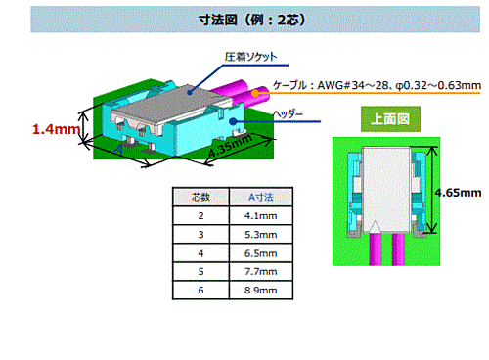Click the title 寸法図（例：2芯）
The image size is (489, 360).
click(x=252, y=20)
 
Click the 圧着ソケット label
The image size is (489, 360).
click(x=250, y=57)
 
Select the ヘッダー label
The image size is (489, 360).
click(x=288, y=114)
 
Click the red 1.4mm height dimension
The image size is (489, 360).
click(x=56, y=129)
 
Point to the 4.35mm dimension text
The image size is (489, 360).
click(x=230, y=145)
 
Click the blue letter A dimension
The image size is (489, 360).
click(x=119, y=150)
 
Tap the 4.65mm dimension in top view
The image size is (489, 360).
click(x=459, y=193)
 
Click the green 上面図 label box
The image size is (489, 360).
click(x=390, y=119)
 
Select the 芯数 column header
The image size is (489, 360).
click(x=200, y=197)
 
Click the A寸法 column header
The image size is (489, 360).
click(x=261, y=197)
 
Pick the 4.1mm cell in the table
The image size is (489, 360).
click(x=261, y=215)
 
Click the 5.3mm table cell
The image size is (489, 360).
click(x=261, y=235)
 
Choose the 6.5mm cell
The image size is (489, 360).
click(x=261, y=253)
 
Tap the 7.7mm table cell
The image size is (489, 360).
click(x=261, y=271)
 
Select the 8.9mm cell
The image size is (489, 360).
click(x=261, y=290)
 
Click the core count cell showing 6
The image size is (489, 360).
click(x=200, y=290)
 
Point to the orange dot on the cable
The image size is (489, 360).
click(x=255, y=94)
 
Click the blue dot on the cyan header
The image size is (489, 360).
click(x=233, y=121)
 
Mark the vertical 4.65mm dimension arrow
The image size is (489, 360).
click(x=432, y=190)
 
